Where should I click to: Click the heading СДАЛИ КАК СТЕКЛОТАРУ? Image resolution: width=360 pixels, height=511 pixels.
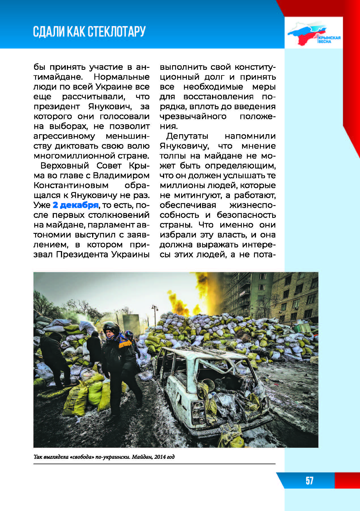(x=89, y=31)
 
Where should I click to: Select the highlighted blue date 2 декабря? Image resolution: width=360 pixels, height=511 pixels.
(x=75, y=205)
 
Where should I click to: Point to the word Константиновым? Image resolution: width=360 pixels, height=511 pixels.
(x=71, y=185)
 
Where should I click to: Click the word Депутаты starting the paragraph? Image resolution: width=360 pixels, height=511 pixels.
(x=187, y=136)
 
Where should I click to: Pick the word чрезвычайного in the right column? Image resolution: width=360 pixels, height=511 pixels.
(x=193, y=116)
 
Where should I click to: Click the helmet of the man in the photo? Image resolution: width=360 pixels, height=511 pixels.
(x=111, y=327)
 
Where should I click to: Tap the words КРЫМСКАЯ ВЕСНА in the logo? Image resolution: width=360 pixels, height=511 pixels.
(x=329, y=39)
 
